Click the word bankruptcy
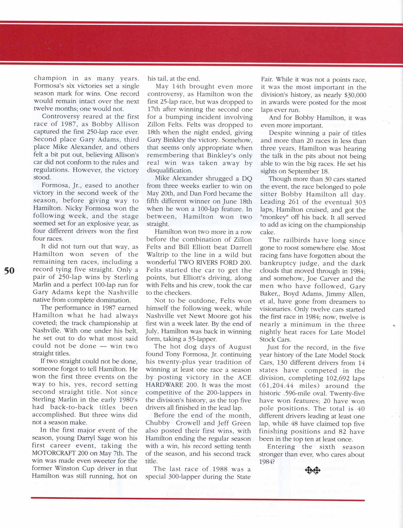[279, 264]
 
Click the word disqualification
[169, 171]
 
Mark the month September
[304, 171]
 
